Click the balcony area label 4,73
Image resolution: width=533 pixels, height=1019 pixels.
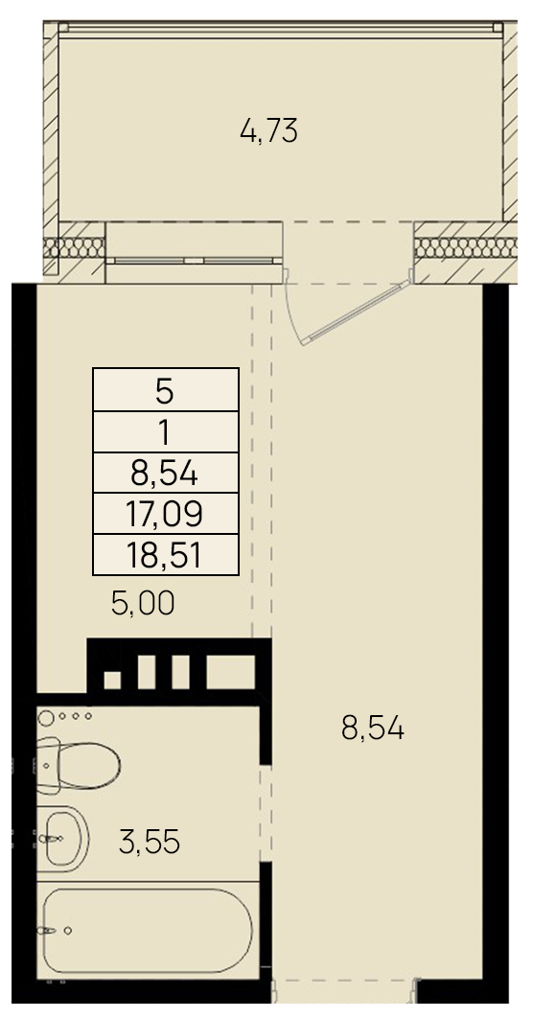(268, 132)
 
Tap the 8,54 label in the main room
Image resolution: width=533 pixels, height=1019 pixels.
(373, 729)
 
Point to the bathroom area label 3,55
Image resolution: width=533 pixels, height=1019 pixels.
(150, 843)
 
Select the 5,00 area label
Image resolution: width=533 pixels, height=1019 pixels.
(143, 604)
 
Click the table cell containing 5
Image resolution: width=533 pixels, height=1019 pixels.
(166, 389)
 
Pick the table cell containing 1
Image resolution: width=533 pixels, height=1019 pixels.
(166, 431)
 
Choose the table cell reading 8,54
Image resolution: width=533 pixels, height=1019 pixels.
(166, 473)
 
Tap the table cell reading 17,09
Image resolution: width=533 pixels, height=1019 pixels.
(166, 514)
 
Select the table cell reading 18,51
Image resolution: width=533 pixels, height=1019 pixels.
(166, 554)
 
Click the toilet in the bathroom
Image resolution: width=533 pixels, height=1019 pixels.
(78, 764)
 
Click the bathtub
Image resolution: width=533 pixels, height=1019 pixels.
(148, 930)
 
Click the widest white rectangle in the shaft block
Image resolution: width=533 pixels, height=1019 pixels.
(231, 671)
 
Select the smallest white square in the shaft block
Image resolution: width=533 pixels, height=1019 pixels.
(112, 680)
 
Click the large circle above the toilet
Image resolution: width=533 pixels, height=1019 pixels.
(47, 718)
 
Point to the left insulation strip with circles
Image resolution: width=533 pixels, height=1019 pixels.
(74, 247)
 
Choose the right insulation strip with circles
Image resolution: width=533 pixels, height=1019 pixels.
(465, 247)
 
